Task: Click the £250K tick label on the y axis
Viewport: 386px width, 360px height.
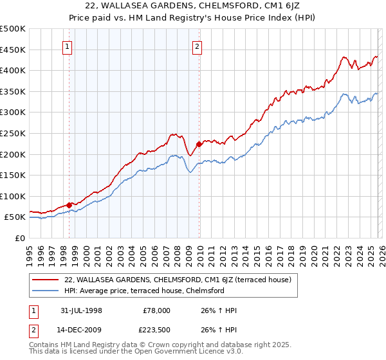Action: [13, 133]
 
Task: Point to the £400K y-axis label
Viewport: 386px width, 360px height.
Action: [13, 70]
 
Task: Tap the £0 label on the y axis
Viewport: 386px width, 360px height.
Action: [19, 238]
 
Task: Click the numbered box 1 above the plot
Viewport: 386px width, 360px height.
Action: [68, 46]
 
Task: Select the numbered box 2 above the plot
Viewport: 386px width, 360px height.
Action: [197, 46]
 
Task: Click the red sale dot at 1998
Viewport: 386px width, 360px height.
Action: [69, 205]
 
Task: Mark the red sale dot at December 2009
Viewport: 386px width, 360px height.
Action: [199, 144]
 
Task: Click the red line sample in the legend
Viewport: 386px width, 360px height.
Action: [46, 280]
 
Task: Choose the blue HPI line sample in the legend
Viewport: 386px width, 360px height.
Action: [46, 291]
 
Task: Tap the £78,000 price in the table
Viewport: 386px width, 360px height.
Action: [156, 310]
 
